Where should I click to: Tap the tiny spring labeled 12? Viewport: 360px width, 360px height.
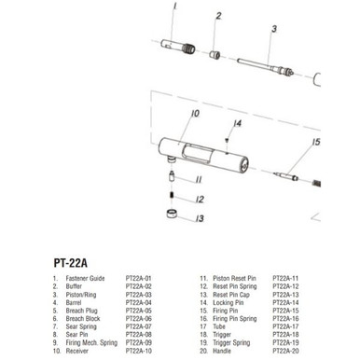click(174, 194)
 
